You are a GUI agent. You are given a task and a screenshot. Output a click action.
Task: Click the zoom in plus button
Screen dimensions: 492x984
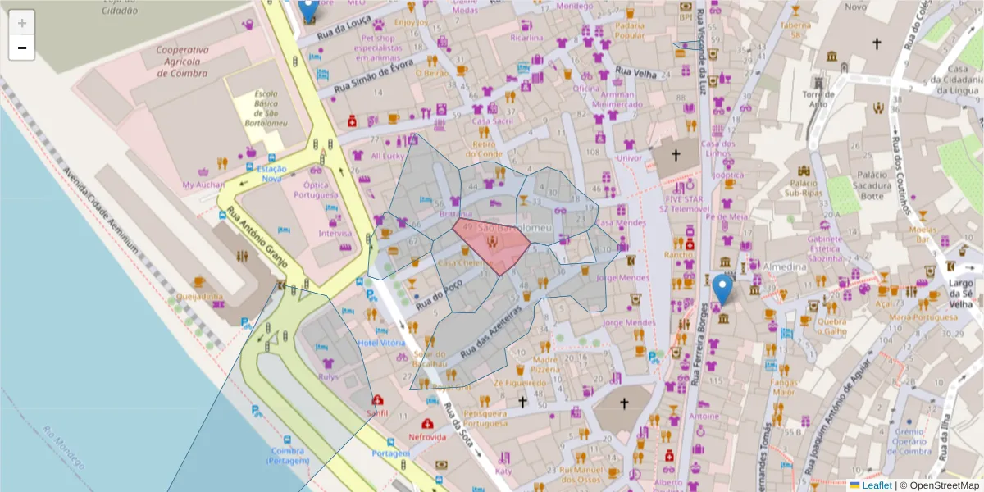22,23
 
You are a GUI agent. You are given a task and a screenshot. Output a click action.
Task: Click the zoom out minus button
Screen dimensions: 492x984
22,48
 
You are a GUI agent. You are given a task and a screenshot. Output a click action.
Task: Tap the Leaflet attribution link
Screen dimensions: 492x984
877,485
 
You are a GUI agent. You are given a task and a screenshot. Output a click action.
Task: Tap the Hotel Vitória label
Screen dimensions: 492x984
382,342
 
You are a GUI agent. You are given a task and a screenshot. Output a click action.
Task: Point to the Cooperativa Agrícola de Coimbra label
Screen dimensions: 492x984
183,61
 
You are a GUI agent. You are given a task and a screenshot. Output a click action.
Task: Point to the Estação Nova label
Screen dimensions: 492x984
271,173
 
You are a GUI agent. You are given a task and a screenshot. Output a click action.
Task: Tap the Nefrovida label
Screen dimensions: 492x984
428,437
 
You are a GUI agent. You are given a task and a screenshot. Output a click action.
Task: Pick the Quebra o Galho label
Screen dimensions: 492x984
831,326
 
